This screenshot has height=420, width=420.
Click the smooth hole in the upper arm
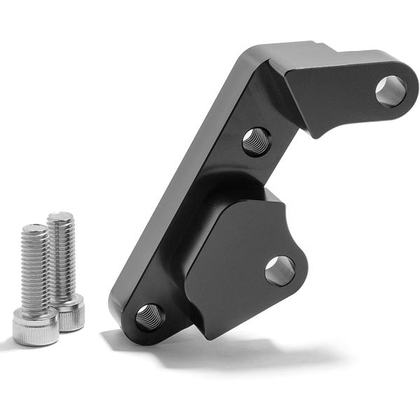coord(390,90)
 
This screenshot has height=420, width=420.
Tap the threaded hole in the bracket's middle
coord(256,141)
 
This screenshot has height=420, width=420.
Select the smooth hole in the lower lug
coord(280,270)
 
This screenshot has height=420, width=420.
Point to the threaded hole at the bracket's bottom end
coord(149,317)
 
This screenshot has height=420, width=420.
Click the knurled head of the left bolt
coord(35,328)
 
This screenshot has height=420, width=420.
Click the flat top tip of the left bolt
coord(34,227)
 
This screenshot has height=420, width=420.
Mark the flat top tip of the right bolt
coord(60,215)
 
